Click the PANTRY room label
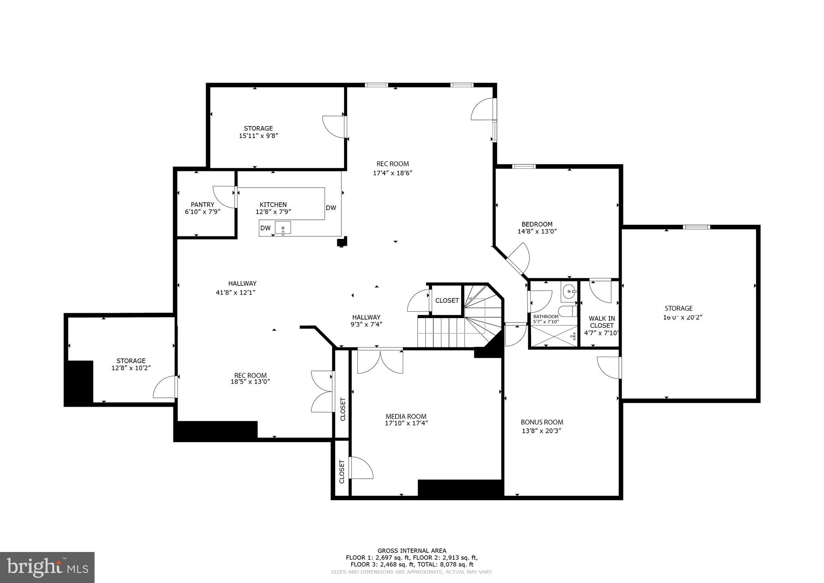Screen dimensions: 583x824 202,205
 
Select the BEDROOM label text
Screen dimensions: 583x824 537,224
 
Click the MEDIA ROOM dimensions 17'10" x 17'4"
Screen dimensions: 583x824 406,423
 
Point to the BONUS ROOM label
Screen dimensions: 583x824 542,422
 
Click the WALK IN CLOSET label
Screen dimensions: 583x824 602,322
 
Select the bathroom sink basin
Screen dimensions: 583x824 569,291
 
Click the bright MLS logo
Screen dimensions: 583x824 47,567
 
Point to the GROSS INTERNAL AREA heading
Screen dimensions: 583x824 412,551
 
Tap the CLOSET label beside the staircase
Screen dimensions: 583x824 447,300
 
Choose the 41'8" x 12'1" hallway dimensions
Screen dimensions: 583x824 236,293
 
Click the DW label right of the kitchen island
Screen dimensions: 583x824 331,208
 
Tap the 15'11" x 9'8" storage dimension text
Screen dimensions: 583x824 258,136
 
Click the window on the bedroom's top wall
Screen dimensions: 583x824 523,166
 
